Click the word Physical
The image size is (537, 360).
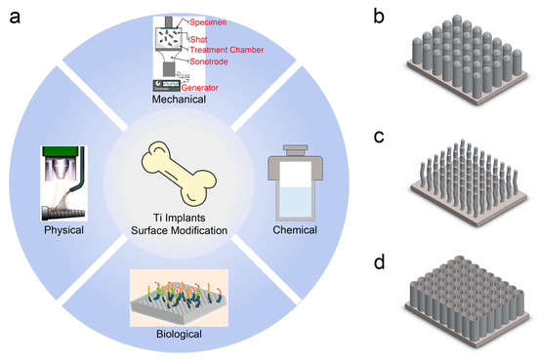click(65, 232)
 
